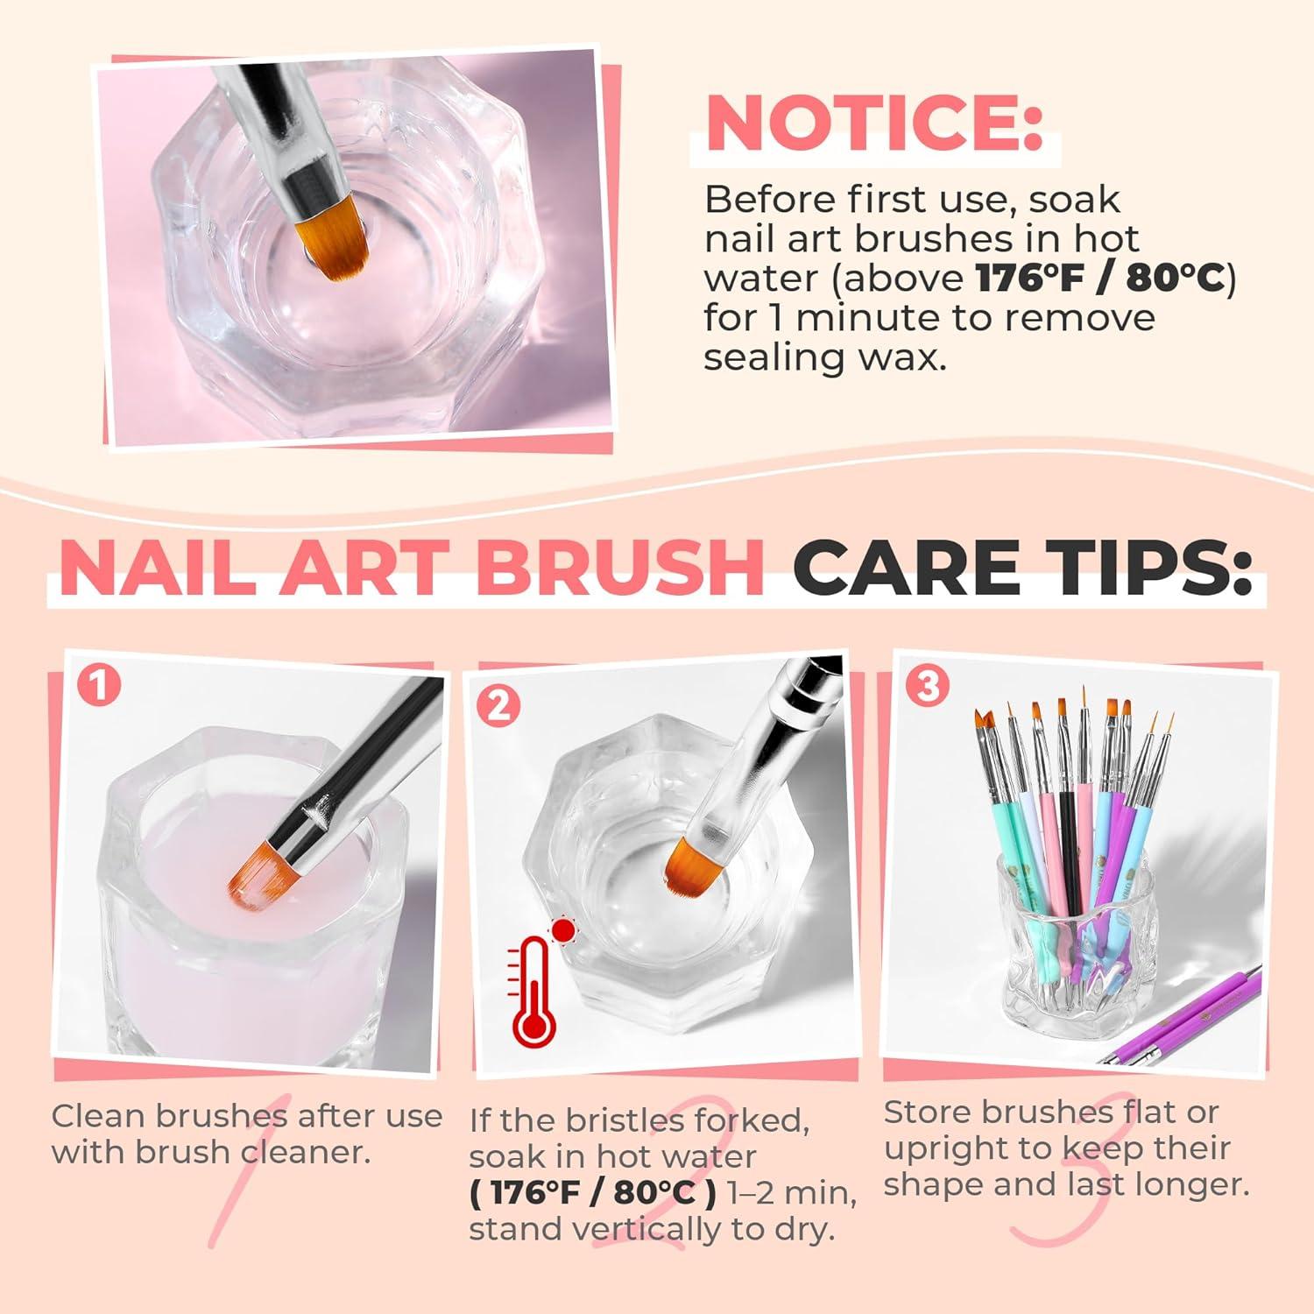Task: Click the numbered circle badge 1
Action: point(98,684)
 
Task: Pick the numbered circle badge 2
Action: point(498,705)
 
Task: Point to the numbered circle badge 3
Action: point(928,686)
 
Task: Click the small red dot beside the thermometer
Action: point(562,929)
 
